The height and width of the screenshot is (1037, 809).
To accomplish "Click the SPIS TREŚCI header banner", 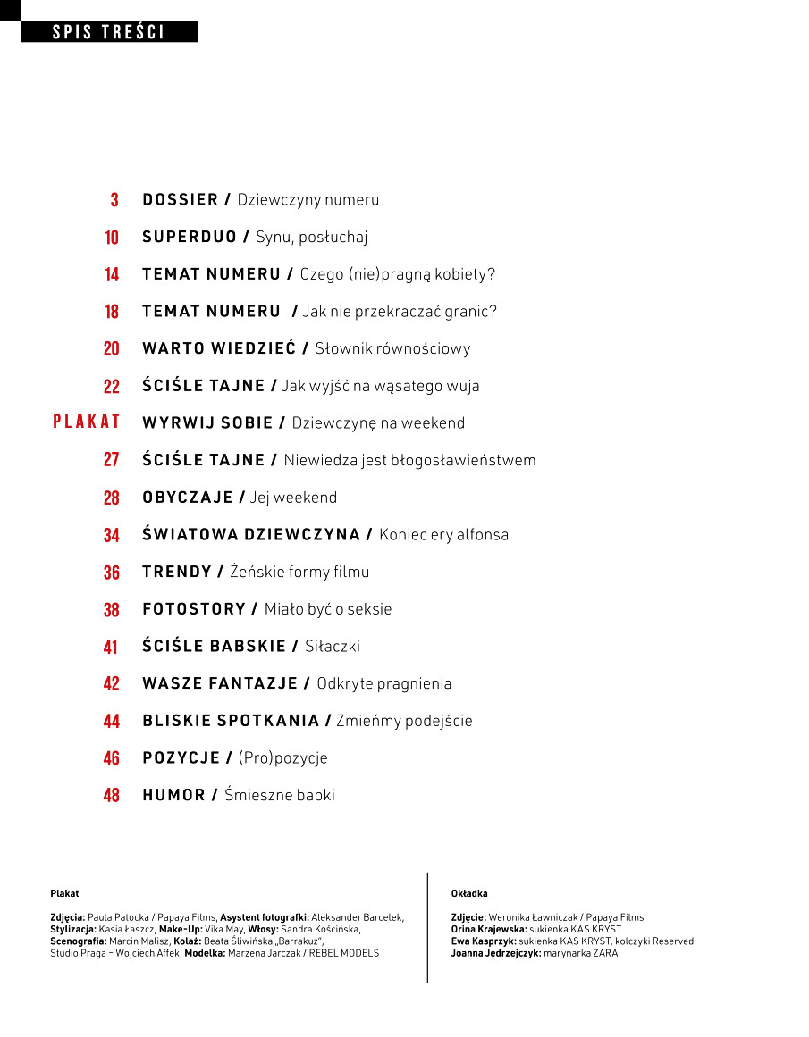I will (109, 32).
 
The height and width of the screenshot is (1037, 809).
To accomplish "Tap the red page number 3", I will (114, 200).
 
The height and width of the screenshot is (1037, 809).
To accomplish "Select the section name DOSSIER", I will (181, 199).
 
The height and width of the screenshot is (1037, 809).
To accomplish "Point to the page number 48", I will (112, 795).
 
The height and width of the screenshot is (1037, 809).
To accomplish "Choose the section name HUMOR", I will (174, 795).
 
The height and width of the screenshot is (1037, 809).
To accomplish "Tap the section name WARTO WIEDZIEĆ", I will (219, 348).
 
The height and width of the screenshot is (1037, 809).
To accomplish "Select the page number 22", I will (112, 387).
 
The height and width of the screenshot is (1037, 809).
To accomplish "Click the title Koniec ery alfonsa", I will (443, 535).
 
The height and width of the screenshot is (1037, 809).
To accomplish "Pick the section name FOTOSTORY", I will (194, 609).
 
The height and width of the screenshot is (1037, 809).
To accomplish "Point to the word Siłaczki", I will (333, 646).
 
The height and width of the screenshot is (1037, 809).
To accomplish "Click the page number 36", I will (112, 573).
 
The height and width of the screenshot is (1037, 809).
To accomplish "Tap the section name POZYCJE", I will (181, 757).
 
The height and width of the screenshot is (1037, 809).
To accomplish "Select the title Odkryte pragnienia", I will (384, 683).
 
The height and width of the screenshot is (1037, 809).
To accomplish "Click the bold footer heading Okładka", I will (469, 893).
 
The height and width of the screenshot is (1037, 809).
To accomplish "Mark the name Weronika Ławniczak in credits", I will (535, 917).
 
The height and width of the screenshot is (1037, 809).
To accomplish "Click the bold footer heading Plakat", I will (64, 893).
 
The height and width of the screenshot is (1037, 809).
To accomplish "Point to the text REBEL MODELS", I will (343, 953).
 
